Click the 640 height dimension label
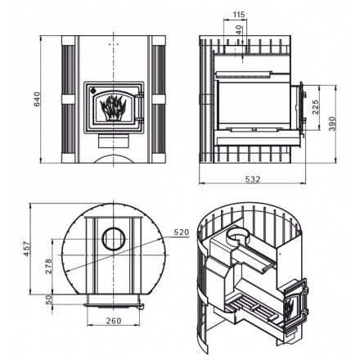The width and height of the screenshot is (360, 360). click(x=37, y=99)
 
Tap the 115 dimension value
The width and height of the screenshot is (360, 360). click(x=239, y=14)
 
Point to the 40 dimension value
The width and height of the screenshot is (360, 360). click(x=239, y=29)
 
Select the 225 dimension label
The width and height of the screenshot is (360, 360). click(x=315, y=107)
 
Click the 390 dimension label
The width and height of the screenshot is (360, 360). click(x=332, y=124)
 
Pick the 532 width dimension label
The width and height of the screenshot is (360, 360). click(x=253, y=179)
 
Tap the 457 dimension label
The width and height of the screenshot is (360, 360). click(x=26, y=248)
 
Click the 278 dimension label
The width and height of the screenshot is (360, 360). click(x=47, y=266)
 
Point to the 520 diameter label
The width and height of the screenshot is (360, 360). click(x=181, y=232)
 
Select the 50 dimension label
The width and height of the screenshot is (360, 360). click(x=48, y=299)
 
